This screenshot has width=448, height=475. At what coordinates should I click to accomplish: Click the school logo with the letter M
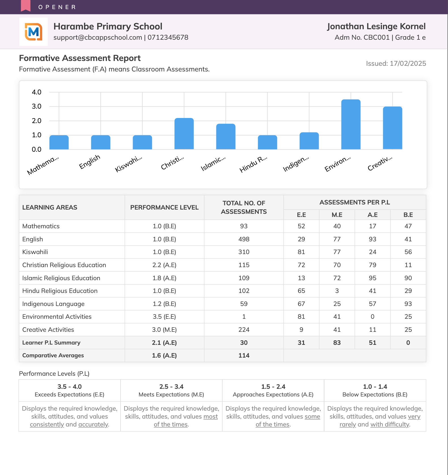(x=33, y=32)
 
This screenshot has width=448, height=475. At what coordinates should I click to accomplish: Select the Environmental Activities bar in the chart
(x=351, y=124)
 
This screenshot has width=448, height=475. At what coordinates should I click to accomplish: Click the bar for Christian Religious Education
(x=184, y=134)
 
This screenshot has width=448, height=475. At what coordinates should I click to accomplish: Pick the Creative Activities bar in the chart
(x=392, y=128)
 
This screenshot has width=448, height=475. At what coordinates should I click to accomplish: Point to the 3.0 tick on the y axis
(x=37, y=106)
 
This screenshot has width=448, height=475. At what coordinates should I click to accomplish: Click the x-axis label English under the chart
(x=90, y=162)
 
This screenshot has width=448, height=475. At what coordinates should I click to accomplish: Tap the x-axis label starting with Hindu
(x=253, y=164)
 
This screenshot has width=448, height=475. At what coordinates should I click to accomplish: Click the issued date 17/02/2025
(x=408, y=64)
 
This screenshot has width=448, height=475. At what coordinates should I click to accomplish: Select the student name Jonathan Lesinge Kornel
(x=376, y=26)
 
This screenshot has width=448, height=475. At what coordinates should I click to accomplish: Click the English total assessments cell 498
(x=244, y=239)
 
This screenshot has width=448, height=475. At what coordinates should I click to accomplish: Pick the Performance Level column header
(x=164, y=207)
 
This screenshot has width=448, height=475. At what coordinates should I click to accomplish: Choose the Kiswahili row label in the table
(x=35, y=252)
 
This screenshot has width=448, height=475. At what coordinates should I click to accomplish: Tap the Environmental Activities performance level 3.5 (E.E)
(x=164, y=316)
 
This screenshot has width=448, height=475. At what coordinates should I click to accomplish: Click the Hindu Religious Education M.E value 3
(x=337, y=291)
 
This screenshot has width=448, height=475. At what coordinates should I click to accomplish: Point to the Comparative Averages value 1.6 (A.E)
(x=164, y=355)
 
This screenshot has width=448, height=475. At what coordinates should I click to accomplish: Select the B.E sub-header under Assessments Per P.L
(x=408, y=215)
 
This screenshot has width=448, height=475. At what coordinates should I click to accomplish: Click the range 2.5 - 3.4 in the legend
(x=171, y=387)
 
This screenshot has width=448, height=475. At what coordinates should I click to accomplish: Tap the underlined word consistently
(x=47, y=424)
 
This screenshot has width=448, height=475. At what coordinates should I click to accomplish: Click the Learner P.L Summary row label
(x=51, y=343)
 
